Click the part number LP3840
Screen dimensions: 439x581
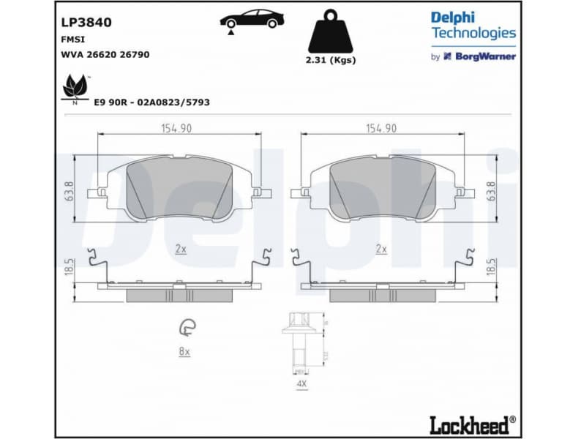coord(86,22)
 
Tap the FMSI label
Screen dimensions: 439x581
coord(71,40)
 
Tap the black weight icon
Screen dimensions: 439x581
coord(331,31)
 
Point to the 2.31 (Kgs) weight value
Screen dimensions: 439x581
coord(331,60)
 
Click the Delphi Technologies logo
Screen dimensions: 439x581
coord(473,25)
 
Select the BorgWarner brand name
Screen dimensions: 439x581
coord(486,56)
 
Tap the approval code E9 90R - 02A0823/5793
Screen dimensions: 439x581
coord(151,102)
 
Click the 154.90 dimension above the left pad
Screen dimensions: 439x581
coord(176,128)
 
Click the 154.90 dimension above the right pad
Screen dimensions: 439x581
coord(381,128)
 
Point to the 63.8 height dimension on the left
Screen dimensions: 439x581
coord(70,191)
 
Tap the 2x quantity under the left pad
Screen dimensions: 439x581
coord(180,249)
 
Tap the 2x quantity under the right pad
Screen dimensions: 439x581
coord(381,249)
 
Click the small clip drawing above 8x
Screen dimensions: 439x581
coord(187,329)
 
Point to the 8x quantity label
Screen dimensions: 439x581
coord(184,352)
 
